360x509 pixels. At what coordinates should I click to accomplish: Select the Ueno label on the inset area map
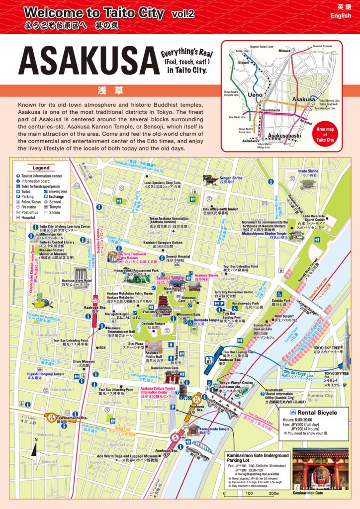255,94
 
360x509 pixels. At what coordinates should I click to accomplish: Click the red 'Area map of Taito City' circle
325,134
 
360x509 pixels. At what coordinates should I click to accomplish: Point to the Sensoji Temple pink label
170,278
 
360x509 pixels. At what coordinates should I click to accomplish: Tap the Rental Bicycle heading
317,413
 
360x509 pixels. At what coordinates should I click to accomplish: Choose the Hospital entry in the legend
28,217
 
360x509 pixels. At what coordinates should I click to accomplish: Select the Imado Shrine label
307,171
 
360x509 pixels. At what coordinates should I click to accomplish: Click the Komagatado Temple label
215,428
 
